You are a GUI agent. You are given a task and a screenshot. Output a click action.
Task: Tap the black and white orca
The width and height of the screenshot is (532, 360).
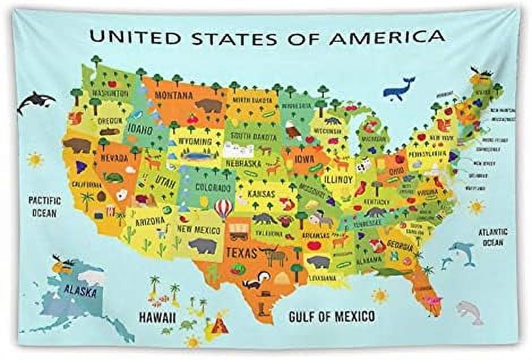coord(35,101)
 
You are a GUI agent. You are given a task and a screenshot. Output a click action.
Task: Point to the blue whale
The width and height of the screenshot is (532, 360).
coord(398,89)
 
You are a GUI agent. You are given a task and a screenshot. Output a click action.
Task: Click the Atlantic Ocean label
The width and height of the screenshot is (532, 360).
coord(493,237)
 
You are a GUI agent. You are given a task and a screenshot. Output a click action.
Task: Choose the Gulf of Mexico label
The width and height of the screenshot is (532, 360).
coord(332,316)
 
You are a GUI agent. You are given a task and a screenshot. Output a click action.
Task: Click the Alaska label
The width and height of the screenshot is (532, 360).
coord(80,291)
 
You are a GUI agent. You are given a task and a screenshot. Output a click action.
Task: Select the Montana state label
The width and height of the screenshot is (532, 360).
coord(174,95)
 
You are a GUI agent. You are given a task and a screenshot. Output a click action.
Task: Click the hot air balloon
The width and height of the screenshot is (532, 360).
coord(224,208)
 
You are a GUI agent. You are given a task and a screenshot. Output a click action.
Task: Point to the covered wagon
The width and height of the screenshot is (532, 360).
coord(239,228)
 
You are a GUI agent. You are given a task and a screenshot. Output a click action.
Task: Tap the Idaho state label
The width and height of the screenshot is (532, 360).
coord(139,130)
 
